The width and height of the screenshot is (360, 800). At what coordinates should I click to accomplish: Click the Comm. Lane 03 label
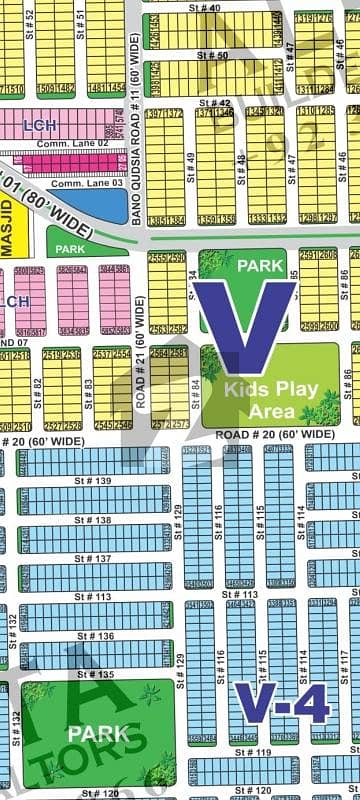coord(87,183)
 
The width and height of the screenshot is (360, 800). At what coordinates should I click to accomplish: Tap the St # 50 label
coord(215,54)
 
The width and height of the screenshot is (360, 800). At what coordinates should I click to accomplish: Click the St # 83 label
coord(89,387)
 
